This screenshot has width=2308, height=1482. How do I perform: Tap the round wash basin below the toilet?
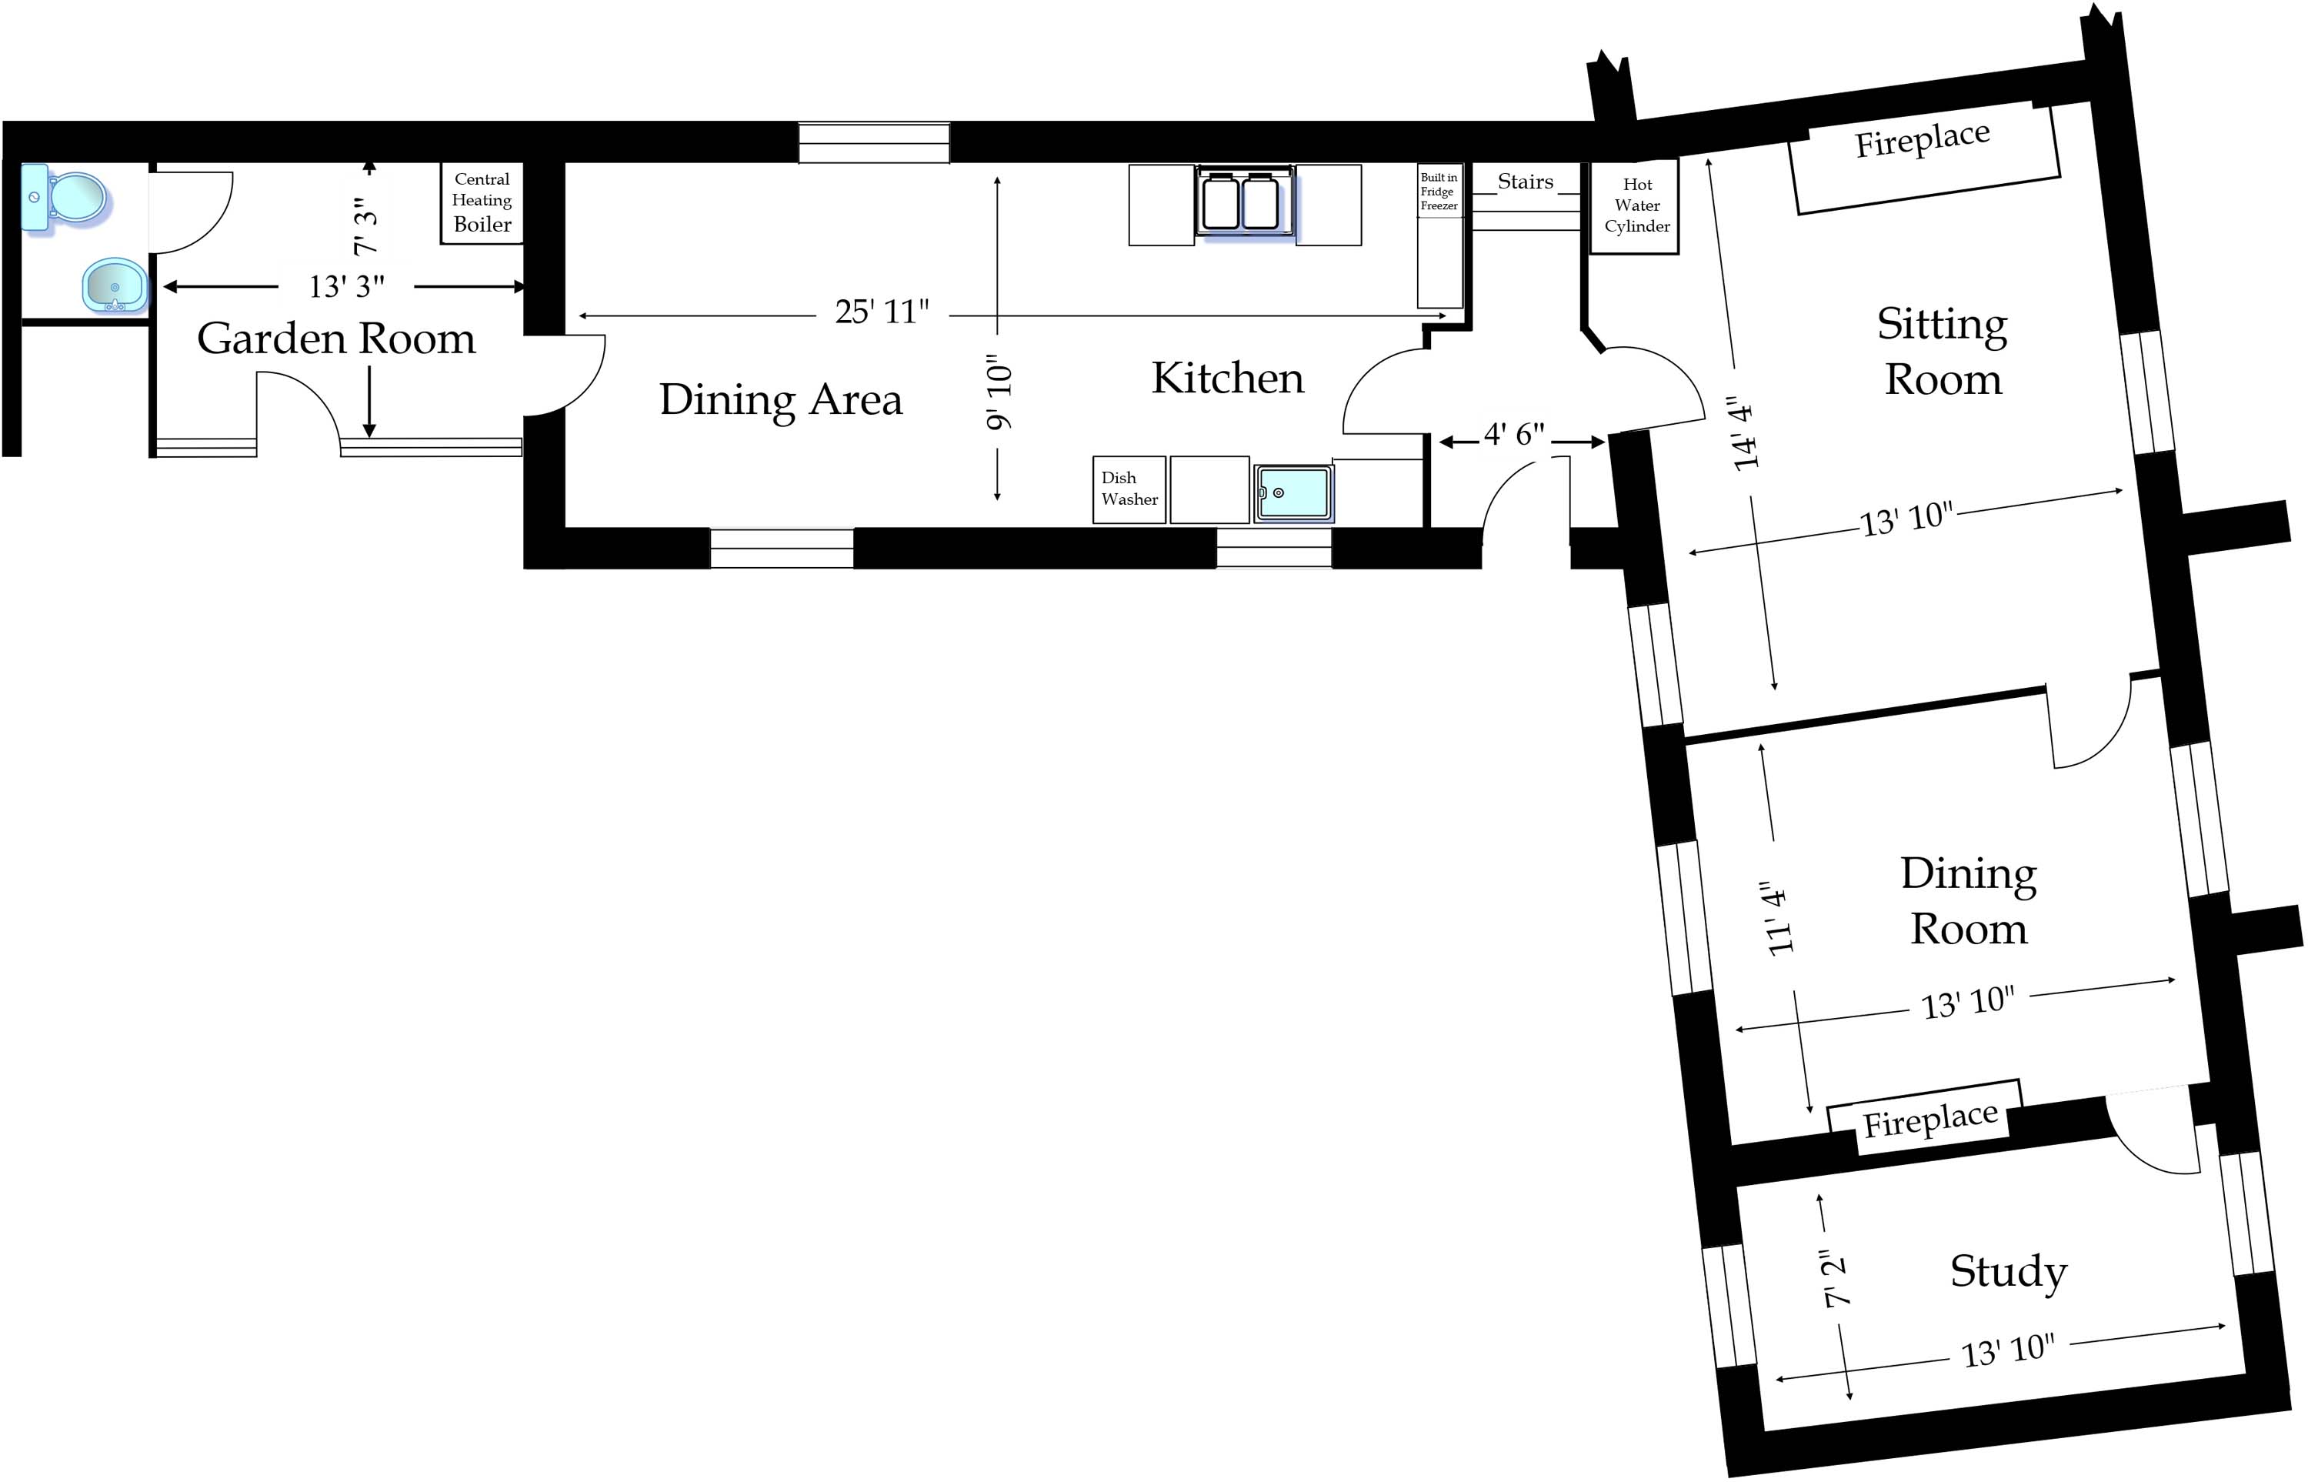point(115,285)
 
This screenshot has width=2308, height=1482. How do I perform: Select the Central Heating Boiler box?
point(482,202)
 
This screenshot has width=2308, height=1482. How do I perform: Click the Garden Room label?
point(335,339)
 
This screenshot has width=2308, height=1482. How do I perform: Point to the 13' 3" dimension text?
point(346,287)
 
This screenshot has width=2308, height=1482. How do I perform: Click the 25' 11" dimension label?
point(881,312)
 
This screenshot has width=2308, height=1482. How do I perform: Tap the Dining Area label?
point(780,399)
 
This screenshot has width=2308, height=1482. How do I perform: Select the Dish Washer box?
point(1129,489)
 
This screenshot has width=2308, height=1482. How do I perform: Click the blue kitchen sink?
point(1293,492)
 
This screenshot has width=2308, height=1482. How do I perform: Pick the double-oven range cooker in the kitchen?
point(1244,202)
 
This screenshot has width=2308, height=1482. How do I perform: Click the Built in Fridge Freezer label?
point(1439,192)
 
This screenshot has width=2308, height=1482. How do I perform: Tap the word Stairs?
point(1525,182)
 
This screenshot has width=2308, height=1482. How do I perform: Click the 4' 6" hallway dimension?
point(1513,435)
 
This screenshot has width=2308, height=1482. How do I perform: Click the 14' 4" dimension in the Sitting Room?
point(1744,433)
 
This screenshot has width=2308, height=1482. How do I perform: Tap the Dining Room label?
point(1969,901)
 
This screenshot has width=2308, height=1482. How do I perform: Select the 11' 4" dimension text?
point(1779,918)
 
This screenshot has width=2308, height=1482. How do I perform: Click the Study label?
point(2008,1271)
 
